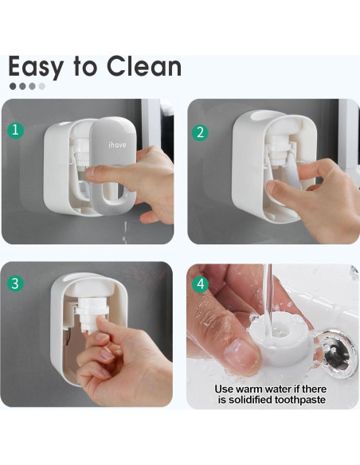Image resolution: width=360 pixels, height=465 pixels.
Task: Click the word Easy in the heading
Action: pos(36,68)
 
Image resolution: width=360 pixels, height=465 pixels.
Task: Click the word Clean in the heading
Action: pos(144,66)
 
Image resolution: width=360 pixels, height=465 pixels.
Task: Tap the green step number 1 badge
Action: pos(15,131)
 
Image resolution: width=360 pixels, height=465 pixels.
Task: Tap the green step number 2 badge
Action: pos(200,132)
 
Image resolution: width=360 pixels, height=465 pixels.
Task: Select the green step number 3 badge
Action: pos(15,283)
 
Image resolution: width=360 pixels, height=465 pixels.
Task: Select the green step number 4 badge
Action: pos(201,284)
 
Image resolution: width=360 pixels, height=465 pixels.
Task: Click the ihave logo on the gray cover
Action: pos(117,145)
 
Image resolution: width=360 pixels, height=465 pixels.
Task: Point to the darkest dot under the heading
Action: pos(13,86)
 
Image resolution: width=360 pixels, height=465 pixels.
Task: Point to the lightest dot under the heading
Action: pos(41,86)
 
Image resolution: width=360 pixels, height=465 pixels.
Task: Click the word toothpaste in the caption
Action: pos(299,400)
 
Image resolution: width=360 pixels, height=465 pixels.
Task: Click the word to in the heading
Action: pos(85,67)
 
